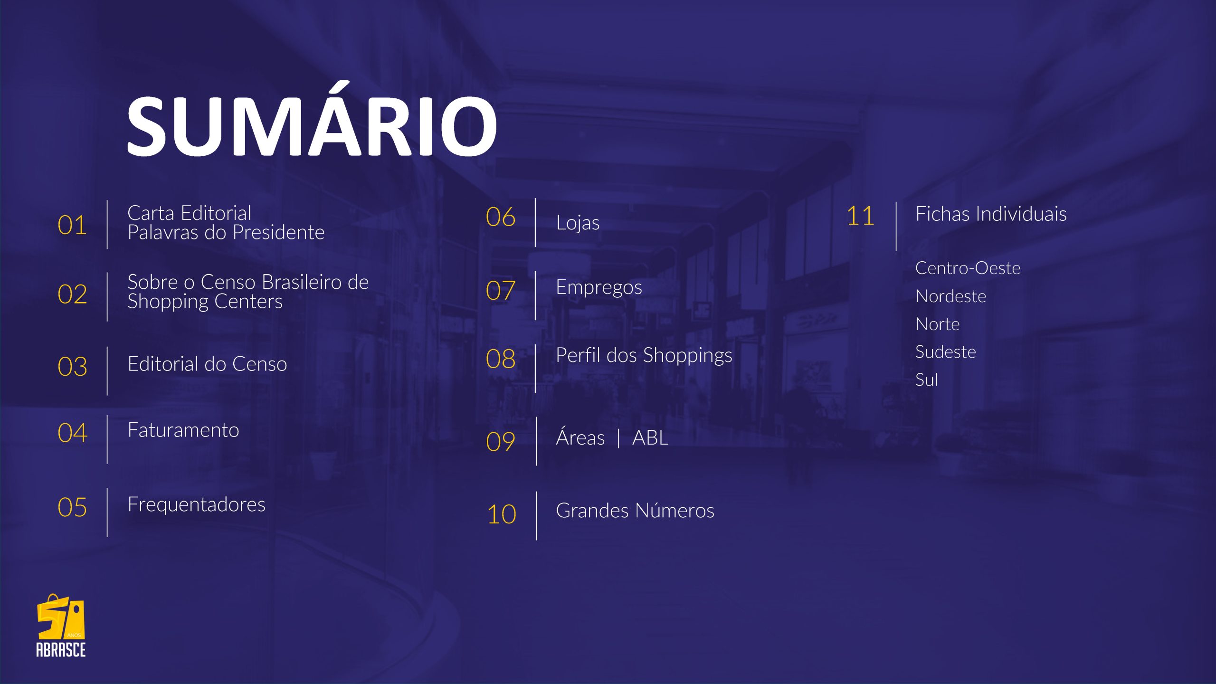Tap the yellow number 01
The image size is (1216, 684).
point(72,225)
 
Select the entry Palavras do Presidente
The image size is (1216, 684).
point(226,233)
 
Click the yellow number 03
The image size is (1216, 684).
point(72,367)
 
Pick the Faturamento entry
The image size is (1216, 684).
point(183,430)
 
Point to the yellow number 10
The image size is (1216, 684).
point(502,514)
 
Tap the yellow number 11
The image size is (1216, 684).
point(860,216)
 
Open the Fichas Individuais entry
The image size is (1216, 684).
point(991,214)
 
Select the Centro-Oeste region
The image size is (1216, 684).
point(968,268)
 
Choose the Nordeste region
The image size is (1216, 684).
point(950,296)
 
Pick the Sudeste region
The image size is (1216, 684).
point(945,352)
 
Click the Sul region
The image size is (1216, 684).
point(926,380)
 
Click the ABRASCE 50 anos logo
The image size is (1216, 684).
point(61,626)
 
